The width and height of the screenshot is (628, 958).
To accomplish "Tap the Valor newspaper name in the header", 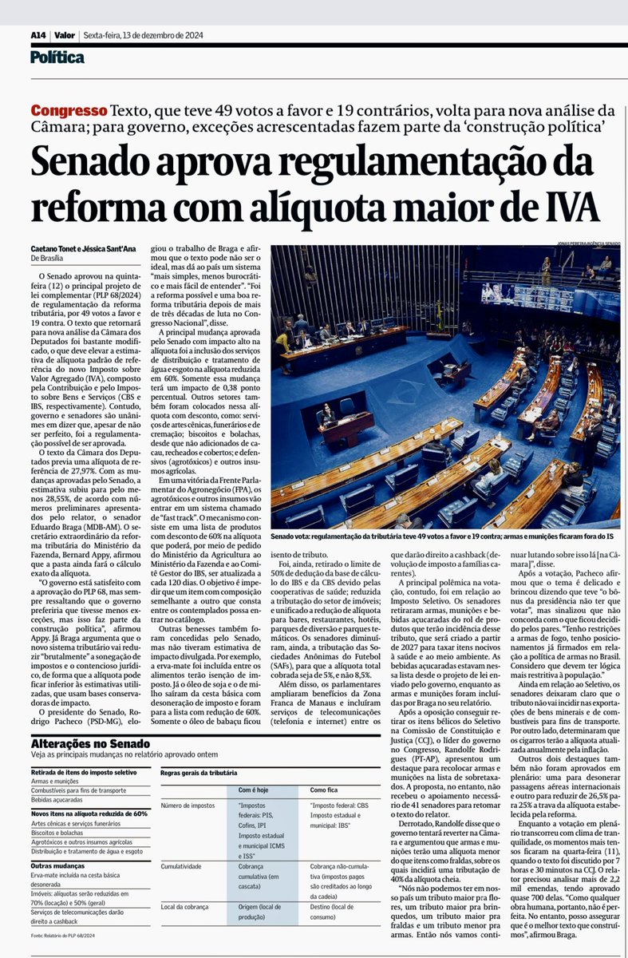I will tap(66, 35).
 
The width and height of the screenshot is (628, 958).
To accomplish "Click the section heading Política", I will tap(57, 57).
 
